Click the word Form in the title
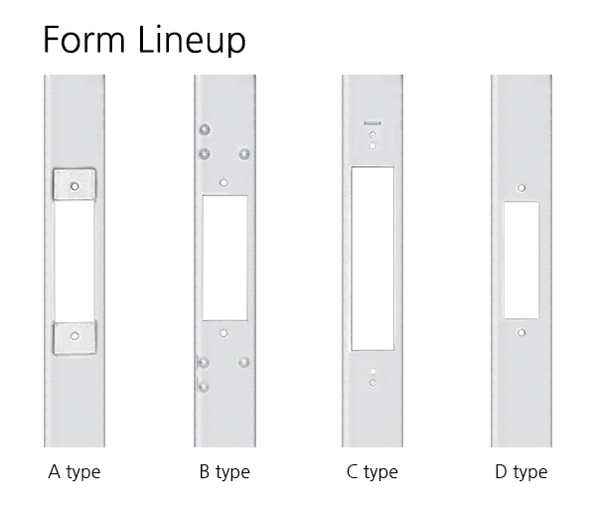click(84, 39)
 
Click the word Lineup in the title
click(192, 41)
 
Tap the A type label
click(74, 472)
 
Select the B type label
click(224, 472)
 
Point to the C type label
click(372, 472)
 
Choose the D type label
click(521, 472)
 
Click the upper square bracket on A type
click(74, 185)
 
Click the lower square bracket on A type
click(74, 338)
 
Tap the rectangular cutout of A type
click(74, 261)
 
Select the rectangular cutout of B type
click(224, 258)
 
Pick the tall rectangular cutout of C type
click(372, 259)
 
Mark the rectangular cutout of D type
click(521, 260)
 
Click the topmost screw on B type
click(205, 129)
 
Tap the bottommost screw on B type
click(204, 388)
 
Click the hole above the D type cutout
click(521, 188)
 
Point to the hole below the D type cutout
click(521, 332)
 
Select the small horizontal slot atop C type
click(372, 123)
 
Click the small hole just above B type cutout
click(223, 183)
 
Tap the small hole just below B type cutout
click(223, 333)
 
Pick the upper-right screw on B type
click(244, 154)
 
